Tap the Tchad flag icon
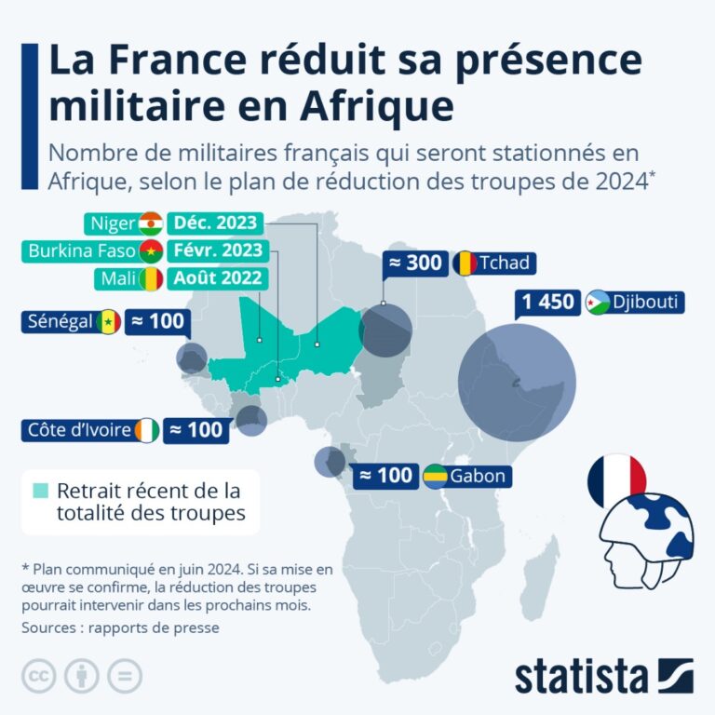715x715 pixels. pyautogui.click(x=465, y=263)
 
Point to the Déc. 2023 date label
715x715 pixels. pyautogui.click(x=214, y=223)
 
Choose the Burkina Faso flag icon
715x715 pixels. pyautogui.click(x=151, y=251)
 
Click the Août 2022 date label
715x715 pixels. pyautogui.click(x=214, y=278)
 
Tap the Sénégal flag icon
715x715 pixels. pyautogui.click(x=110, y=322)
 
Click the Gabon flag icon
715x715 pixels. pyautogui.click(x=435, y=476)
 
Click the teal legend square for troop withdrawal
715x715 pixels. pyautogui.click(x=40, y=491)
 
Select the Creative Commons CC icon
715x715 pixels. pyautogui.click(x=39, y=676)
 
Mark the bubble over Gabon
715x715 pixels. pyautogui.click(x=330, y=461)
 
